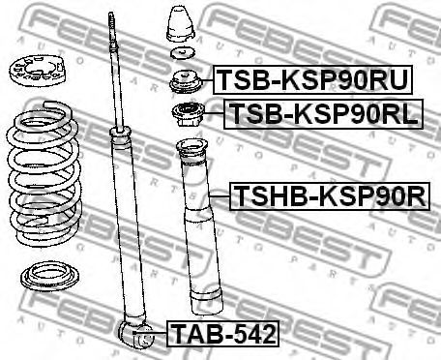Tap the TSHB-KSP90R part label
pyautogui.click(x=329, y=197)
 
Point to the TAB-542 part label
pyautogui.click(x=223, y=336)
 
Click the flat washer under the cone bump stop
pyautogui.click(x=181, y=53)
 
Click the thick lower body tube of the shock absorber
pyautogui.click(x=132, y=232)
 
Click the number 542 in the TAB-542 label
pyautogui.click(x=251, y=336)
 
